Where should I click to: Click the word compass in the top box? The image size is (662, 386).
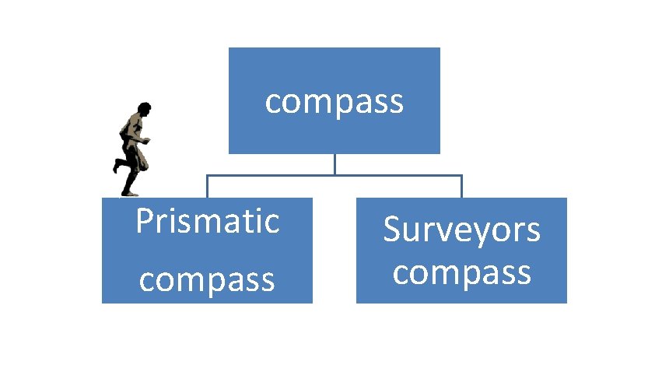point(335,102)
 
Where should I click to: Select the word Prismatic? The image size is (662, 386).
point(207,222)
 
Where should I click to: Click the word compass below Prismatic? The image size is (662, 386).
point(207,279)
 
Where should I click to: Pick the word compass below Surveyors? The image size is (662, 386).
point(461,273)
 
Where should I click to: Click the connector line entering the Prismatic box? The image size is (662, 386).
point(207,187)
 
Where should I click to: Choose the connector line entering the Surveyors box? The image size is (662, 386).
point(461,187)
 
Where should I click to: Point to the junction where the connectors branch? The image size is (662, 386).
point(335,175)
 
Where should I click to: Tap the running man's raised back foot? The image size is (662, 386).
point(116,166)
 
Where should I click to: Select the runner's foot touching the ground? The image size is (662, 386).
point(130,193)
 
